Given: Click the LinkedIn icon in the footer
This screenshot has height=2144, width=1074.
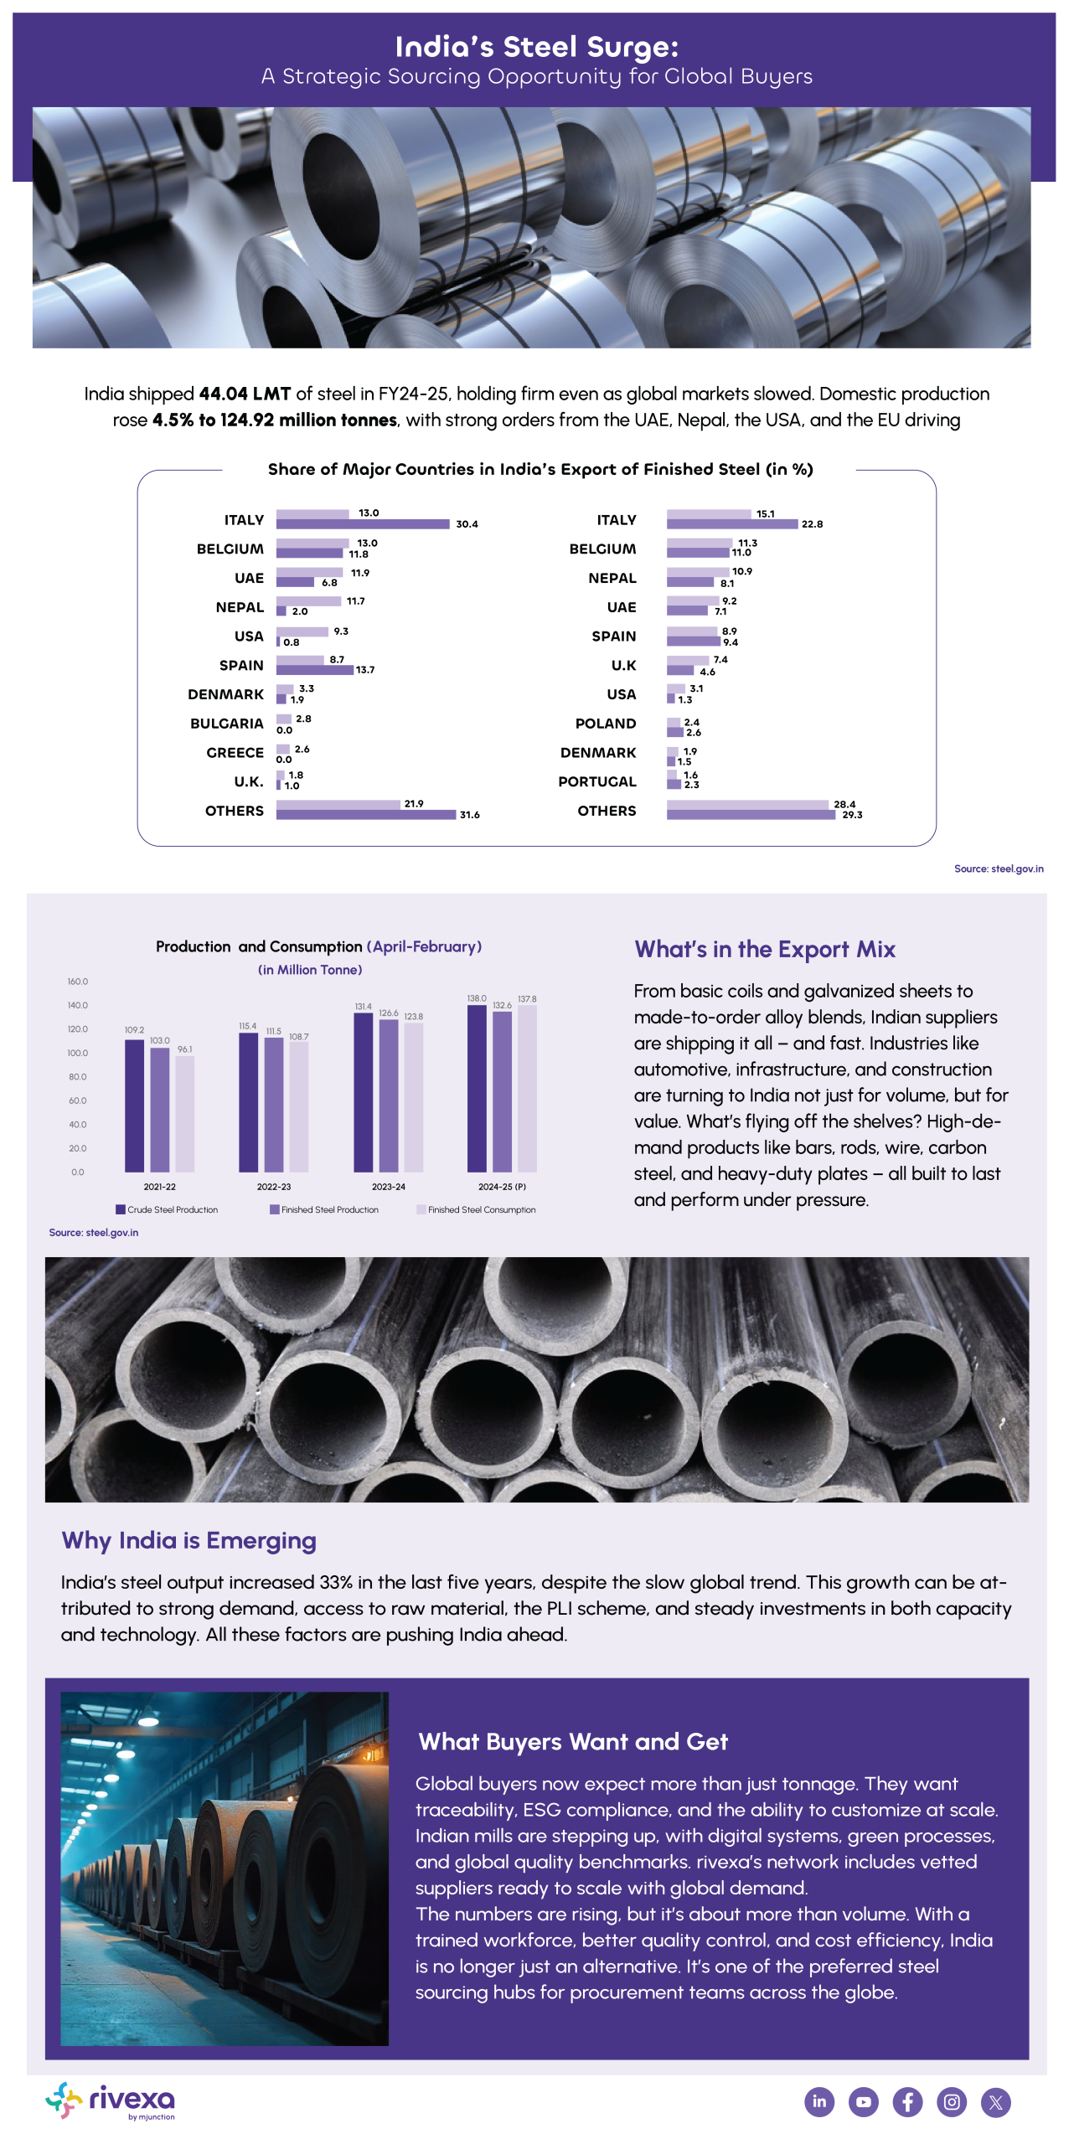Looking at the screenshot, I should click(819, 2101).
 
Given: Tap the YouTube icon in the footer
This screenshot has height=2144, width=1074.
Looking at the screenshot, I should click(864, 2101).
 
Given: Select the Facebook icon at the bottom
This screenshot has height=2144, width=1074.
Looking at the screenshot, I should click(907, 2101).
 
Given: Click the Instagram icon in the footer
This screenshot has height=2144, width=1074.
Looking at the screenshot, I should click(952, 2101).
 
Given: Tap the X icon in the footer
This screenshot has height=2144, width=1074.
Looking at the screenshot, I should click(996, 2101).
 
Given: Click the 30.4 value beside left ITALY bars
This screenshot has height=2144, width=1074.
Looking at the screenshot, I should click(467, 524).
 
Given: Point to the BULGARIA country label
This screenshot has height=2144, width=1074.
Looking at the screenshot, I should click(227, 724).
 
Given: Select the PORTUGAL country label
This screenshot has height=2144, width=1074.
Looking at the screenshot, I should click(597, 781).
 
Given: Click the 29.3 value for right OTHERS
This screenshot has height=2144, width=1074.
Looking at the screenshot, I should click(852, 815).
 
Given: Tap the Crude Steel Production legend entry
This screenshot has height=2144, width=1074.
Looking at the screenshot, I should click(167, 1209).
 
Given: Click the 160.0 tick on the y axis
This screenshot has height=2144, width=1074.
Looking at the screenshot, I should click(78, 982).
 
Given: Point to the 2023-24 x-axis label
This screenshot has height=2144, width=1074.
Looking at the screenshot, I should click(389, 1187).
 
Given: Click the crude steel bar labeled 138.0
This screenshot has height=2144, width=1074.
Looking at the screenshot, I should click(477, 1089).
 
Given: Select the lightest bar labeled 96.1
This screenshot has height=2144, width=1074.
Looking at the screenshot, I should click(185, 1114).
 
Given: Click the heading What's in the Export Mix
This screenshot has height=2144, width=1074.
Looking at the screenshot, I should click(765, 949).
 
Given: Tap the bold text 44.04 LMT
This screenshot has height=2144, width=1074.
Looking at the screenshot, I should click(245, 394).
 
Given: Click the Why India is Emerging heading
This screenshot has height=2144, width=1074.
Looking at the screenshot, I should click(189, 1541).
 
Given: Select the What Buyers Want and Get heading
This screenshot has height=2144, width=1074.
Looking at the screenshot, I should click(573, 1742).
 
